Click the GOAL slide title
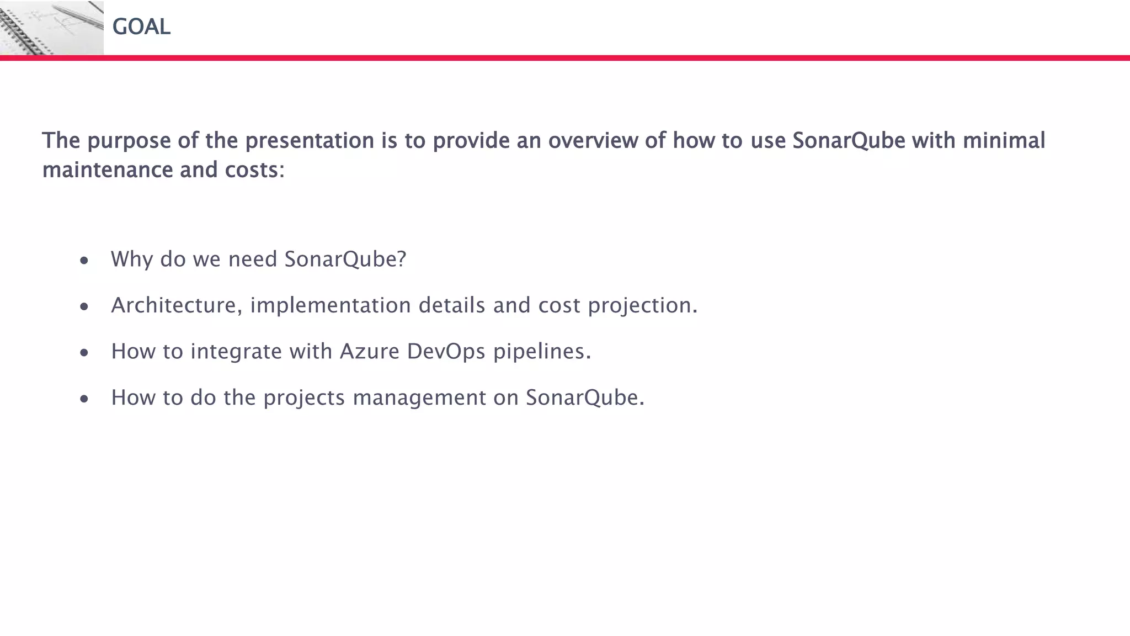click(141, 26)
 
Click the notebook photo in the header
click(51, 28)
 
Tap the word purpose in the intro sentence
click(129, 141)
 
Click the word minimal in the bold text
click(1004, 140)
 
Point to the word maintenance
click(108, 170)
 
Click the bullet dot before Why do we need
click(84, 261)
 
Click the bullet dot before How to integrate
click(84, 353)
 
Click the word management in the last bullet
click(419, 398)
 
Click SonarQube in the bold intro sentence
click(849, 141)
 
